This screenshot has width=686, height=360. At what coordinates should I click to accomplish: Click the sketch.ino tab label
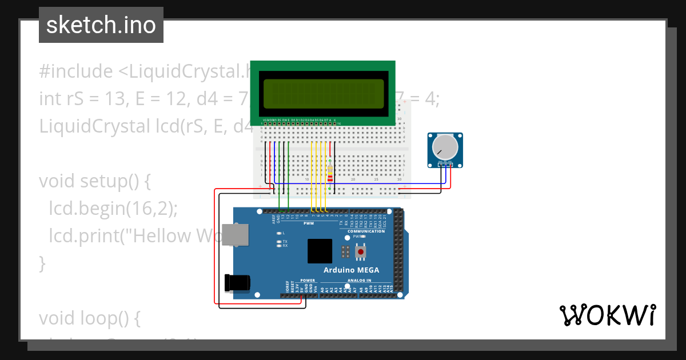coord(101,25)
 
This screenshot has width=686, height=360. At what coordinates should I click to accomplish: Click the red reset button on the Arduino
coord(361,251)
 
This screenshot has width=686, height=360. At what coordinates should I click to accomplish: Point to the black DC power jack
coord(237,282)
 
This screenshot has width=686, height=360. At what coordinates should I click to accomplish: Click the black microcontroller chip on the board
coord(320,251)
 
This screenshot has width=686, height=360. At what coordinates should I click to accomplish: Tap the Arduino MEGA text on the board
coord(351,270)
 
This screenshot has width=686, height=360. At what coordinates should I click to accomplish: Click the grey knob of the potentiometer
coord(445,147)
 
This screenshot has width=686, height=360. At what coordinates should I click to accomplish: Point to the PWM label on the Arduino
coord(309,223)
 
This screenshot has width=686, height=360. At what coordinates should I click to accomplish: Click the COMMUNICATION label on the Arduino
coord(366,231)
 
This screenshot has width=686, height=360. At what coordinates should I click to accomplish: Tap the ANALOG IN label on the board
coord(358,281)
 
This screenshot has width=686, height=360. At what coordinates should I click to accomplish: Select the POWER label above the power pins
coord(308,281)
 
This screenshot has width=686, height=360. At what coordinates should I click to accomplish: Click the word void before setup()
coord(57,181)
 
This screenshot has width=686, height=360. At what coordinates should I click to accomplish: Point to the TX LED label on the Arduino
coord(285,241)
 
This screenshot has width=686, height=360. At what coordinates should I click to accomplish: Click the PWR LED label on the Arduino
coord(356,236)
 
